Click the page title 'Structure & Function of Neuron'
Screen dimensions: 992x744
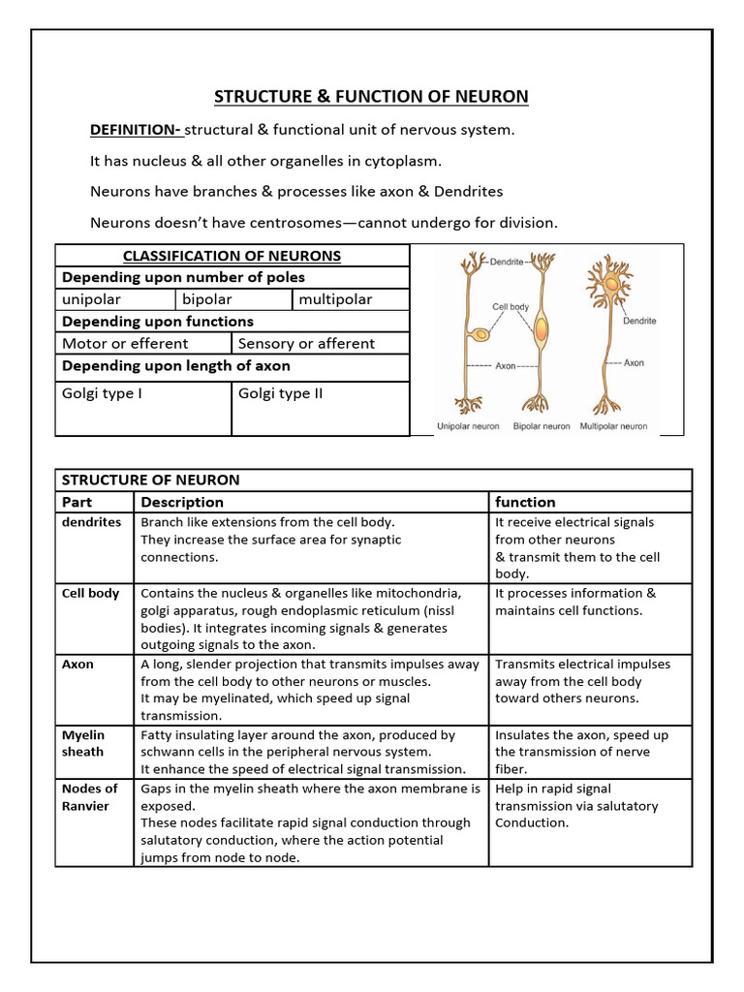[x=371, y=96]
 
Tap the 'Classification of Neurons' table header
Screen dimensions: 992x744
[x=232, y=256]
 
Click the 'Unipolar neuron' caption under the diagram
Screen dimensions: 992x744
[x=469, y=425]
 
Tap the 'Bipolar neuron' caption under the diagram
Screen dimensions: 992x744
[x=542, y=425]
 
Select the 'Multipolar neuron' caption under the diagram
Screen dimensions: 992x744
[x=613, y=425]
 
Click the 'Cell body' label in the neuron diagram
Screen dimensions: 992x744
[x=511, y=307]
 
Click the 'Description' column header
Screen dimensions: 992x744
[x=182, y=502]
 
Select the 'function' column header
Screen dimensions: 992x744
[x=525, y=502]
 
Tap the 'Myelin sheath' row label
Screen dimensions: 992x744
[x=83, y=743]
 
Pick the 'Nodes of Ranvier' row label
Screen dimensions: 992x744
[x=89, y=797]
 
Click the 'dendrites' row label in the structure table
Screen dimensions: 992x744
[x=91, y=522]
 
